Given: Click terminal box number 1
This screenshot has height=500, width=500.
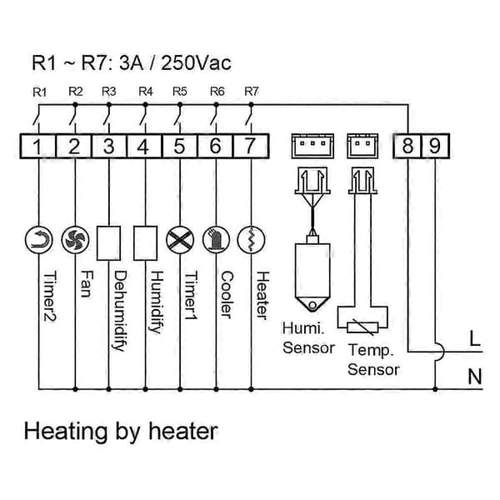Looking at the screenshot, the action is pyautogui.click(x=38, y=147).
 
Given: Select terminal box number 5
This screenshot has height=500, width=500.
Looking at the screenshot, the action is pyautogui.click(x=180, y=147).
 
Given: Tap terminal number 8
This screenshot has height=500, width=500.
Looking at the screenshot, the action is pyautogui.click(x=407, y=147).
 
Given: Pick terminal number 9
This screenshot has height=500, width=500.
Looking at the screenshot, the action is pyautogui.click(x=435, y=147).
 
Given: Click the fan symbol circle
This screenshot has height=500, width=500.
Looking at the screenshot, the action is pyautogui.click(x=75, y=240).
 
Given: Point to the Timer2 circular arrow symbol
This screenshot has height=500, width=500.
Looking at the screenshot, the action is pyautogui.click(x=39, y=240).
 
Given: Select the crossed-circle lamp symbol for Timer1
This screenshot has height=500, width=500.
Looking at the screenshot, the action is pyautogui.click(x=180, y=240).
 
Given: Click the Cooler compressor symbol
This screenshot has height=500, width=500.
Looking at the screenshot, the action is pyautogui.click(x=216, y=240).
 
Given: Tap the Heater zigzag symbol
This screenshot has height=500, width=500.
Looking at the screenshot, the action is pyautogui.click(x=252, y=240).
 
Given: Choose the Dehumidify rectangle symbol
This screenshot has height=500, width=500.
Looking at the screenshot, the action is pyautogui.click(x=108, y=243).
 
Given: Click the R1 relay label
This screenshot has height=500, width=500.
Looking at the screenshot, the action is pyautogui.click(x=39, y=92).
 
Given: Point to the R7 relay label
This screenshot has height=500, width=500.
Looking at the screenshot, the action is pyautogui.click(x=252, y=92).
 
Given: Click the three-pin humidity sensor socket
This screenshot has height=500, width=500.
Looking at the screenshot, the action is pyautogui.click(x=312, y=146).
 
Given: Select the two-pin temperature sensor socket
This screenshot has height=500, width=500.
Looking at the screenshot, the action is pyautogui.click(x=362, y=146).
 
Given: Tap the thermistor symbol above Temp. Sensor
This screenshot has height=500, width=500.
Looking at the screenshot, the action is pyautogui.click(x=362, y=327).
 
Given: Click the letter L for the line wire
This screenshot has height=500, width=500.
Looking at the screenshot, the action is pyautogui.click(x=475, y=338).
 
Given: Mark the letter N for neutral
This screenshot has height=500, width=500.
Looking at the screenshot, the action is pyautogui.click(x=475, y=377).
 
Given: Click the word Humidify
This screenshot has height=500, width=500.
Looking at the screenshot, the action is pyautogui.click(x=157, y=302).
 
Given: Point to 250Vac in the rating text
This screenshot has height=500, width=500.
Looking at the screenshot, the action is pyautogui.click(x=196, y=62).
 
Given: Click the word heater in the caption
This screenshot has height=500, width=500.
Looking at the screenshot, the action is pyautogui.click(x=183, y=431).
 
